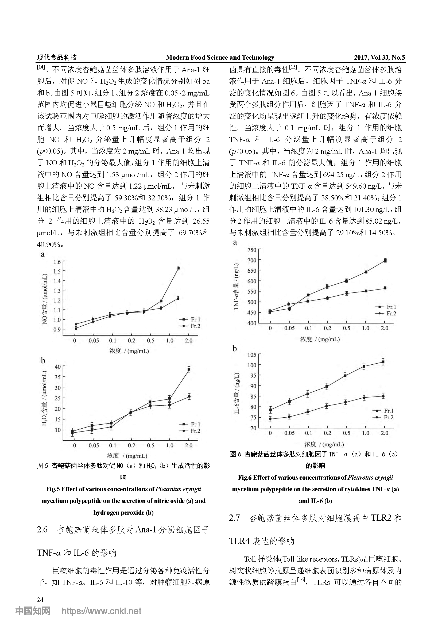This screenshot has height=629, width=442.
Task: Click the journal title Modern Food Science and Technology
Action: click(x=220, y=58)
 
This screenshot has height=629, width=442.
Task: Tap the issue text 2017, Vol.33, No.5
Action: click(x=379, y=58)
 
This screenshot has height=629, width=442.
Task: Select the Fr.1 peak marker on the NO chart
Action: click(x=179, y=268)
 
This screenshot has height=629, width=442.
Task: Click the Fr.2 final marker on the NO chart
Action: click(x=178, y=298)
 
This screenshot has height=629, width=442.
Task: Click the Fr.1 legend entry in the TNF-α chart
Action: click(x=386, y=307)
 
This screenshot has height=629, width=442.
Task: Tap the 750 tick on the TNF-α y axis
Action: click(x=252, y=250)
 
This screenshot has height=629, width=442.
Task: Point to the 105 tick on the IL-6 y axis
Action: click(x=252, y=355)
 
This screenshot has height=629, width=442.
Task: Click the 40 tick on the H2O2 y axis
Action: click(x=58, y=367)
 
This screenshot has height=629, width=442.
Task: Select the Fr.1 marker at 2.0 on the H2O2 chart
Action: click(x=189, y=369)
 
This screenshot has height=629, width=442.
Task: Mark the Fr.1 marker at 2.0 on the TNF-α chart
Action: click(x=385, y=261)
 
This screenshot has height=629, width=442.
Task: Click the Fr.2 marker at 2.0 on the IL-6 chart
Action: click(x=383, y=396)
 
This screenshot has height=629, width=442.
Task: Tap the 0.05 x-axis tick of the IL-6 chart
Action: click(x=289, y=433)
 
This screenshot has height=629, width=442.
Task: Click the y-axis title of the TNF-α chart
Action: click(x=236, y=286)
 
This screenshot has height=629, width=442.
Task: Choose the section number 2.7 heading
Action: click(x=235, y=518)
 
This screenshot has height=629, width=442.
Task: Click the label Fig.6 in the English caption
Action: click(x=245, y=478)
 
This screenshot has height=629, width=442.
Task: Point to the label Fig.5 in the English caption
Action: click(x=53, y=489)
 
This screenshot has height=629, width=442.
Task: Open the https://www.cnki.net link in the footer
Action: click(x=101, y=619)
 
